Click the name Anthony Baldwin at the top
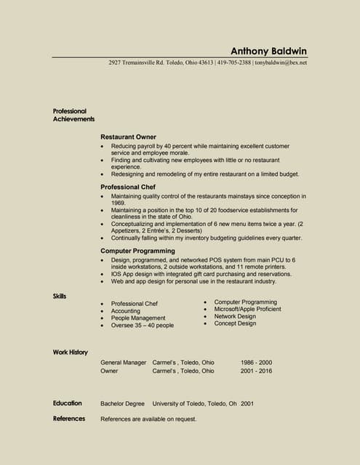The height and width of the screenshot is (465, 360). pos(269,51)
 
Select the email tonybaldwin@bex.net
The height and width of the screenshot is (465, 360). pos(281,62)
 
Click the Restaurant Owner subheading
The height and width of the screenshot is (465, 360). pos(128,137)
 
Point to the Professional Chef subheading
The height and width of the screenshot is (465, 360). pos(128,187)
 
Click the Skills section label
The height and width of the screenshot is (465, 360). pos(60,296)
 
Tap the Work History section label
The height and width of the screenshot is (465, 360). pos(70,352)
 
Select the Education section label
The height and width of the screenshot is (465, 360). pos(67,403)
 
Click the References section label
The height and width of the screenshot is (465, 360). pos(69,418)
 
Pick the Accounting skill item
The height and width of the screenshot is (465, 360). pos(126,311)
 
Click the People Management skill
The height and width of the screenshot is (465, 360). pos(138,318)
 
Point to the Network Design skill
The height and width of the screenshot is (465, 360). pos(235,317)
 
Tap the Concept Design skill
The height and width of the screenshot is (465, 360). pos(235,324)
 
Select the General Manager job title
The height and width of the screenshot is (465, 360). pos(124,362)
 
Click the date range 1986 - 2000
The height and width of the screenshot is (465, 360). pos(256,362)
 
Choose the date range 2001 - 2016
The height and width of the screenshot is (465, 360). pos(256,371)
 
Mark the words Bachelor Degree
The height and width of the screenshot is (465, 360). pos(122,403)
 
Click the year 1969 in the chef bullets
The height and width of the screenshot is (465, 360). pos(119,203)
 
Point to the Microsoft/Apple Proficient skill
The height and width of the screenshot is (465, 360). pos(247,310)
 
